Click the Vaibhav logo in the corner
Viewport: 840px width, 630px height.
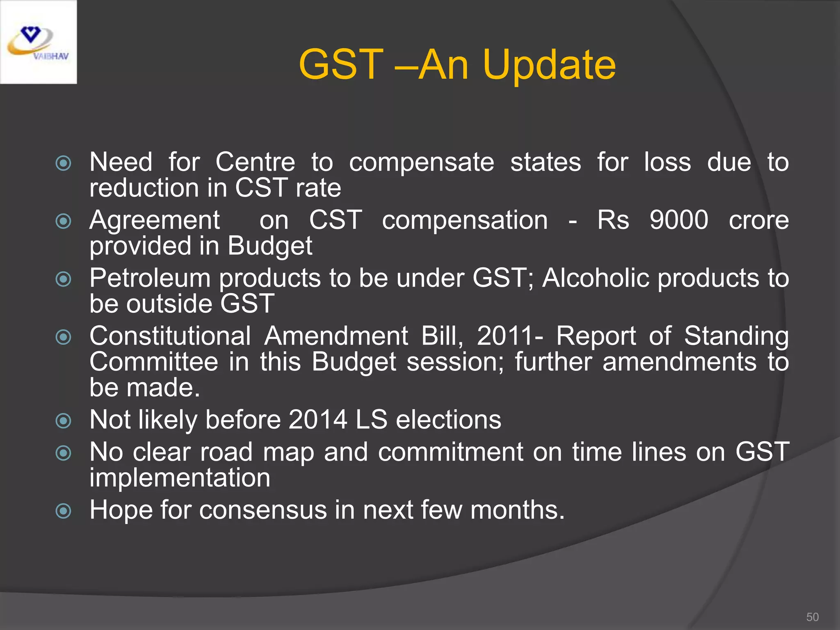[x=38, y=42]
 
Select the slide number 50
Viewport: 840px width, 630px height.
[x=812, y=617]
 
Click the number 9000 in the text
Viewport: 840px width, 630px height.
[x=679, y=220]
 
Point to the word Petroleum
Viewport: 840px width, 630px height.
[x=150, y=278]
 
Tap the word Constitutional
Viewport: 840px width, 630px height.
[x=170, y=336]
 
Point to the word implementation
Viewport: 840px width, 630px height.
[x=180, y=478]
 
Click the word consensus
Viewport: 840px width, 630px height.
[x=262, y=510]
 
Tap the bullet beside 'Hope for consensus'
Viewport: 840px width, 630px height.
[x=63, y=511]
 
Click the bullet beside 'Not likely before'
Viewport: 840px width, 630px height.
[x=63, y=421]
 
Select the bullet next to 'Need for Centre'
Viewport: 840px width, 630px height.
[x=63, y=163]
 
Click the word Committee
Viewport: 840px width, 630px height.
[x=154, y=362]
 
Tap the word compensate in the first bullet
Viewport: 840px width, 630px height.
[x=421, y=162]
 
